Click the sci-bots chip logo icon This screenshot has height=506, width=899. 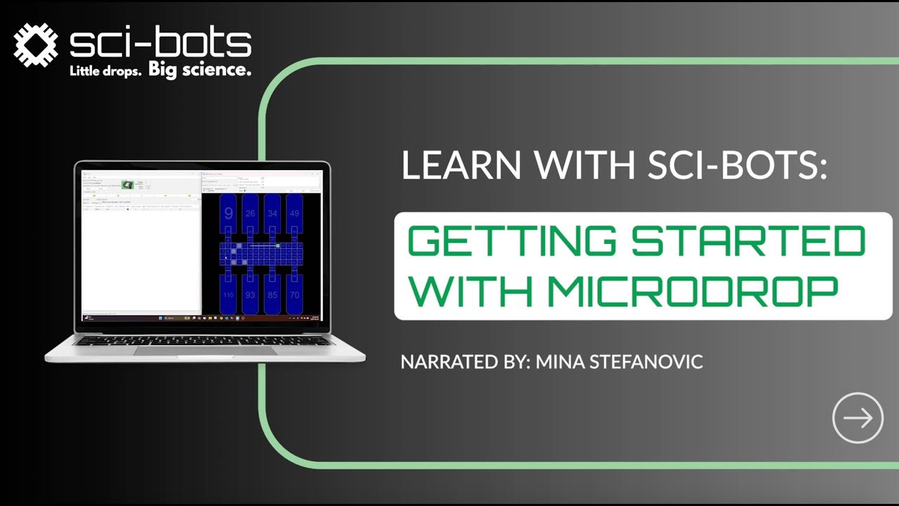[35, 45]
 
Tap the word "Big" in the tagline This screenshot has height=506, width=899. [163, 71]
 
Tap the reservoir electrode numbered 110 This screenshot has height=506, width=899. [228, 295]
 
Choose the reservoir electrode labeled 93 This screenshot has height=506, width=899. [250, 295]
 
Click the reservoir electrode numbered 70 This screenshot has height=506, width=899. [294, 295]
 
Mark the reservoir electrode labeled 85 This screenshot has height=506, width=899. [273, 295]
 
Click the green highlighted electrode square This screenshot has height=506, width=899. [278, 246]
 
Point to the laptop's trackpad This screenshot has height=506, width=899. [204, 349]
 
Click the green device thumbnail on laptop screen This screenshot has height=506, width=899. [127, 185]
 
